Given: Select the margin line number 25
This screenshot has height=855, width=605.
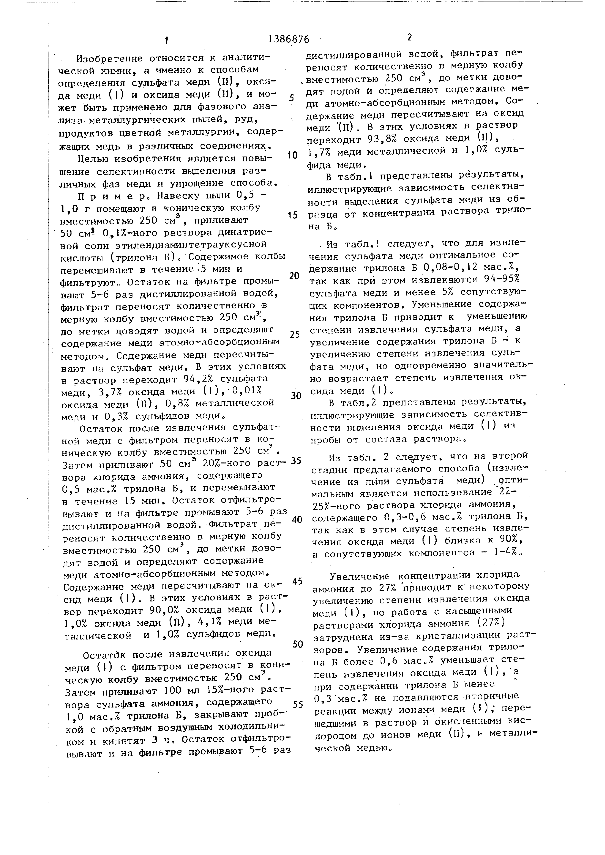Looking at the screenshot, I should click(295, 334).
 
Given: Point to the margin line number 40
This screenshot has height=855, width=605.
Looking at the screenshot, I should click(297, 520).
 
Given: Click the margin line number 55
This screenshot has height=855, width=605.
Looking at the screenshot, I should click(298, 705).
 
